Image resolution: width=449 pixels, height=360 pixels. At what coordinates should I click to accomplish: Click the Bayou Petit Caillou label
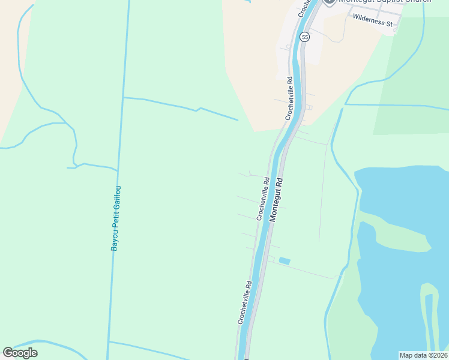tap(116, 218)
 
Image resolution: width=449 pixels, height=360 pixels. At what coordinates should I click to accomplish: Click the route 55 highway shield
tap(306, 37)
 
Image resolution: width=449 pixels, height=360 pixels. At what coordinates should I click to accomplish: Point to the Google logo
tap(20, 353)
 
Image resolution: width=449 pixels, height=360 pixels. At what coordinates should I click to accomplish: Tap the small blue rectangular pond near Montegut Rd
tap(285, 261)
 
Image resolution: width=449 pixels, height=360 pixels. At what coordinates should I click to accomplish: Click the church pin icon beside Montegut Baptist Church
tap(329, 2)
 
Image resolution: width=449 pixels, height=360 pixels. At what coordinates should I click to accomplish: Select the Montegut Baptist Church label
tap(384, 2)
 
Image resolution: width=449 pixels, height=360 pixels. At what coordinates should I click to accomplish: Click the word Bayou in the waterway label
tap(114, 241)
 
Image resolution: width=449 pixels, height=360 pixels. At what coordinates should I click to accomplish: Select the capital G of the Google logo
tap(8, 353)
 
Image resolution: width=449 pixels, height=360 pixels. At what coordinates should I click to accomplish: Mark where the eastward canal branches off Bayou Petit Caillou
tap(123, 97)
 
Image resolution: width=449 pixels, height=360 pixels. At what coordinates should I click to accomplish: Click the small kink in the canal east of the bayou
tap(198, 110)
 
